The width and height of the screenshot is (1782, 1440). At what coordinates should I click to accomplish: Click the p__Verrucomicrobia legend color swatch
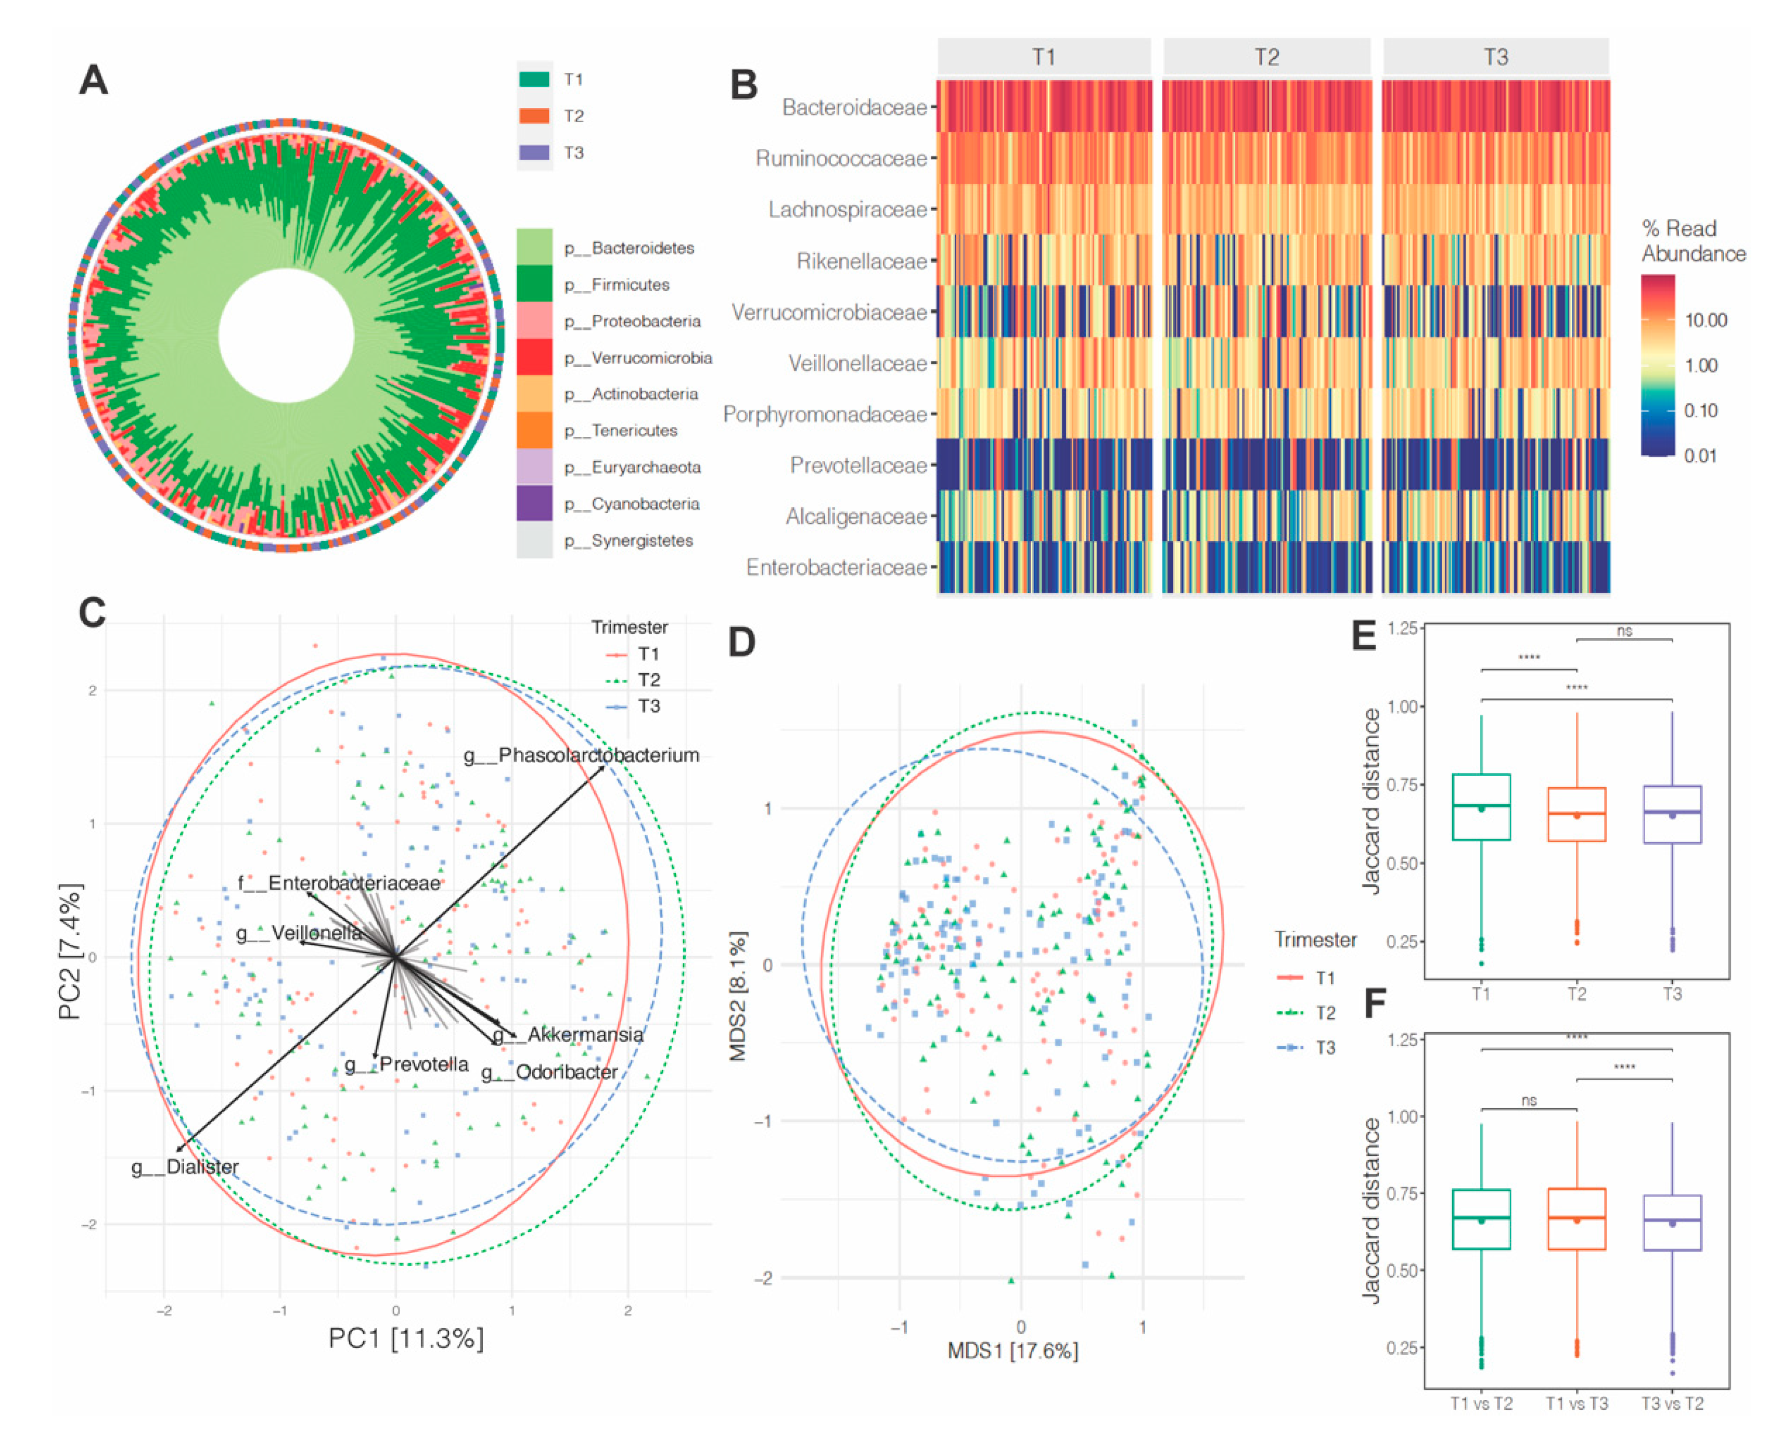(x=534, y=357)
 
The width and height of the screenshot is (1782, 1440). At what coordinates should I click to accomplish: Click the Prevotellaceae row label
(x=858, y=465)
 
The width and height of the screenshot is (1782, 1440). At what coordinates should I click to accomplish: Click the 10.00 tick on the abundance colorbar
(x=1706, y=320)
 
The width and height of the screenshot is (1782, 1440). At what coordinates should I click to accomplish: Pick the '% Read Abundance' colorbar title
(x=1693, y=240)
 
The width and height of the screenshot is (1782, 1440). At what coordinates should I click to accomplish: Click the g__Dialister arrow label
(x=185, y=1166)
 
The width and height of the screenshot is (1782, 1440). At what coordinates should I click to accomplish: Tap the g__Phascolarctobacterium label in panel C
(x=581, y=755)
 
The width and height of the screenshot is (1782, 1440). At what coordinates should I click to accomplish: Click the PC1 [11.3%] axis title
(x=406, y=1338)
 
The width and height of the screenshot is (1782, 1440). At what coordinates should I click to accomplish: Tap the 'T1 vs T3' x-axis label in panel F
(x=1576, y=1404)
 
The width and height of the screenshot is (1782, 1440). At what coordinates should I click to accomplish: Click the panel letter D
(x=741, y=642)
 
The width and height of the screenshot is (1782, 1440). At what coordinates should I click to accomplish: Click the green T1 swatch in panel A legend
(x=534, y=80)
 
